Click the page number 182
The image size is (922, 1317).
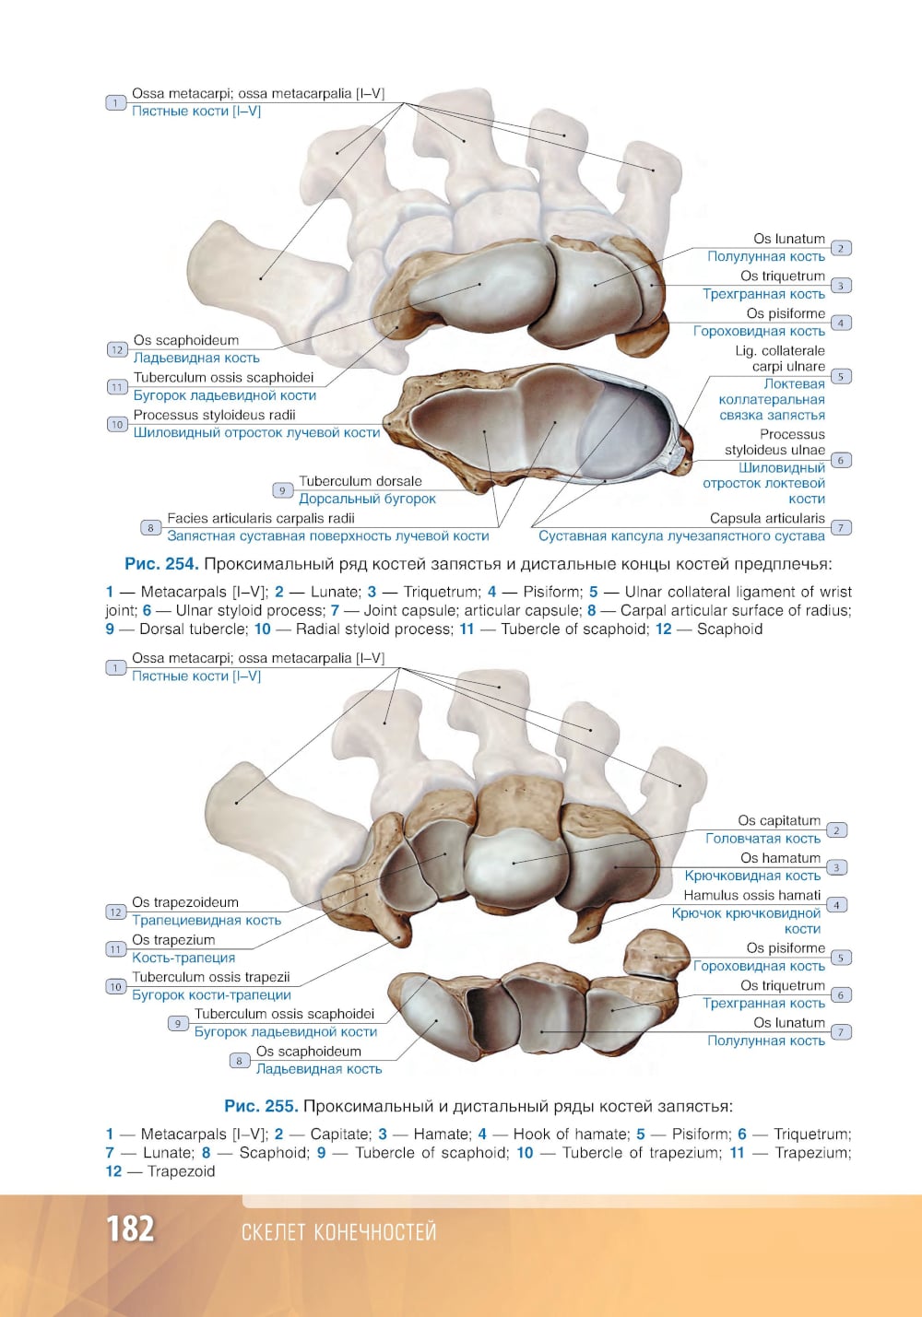(130, 1229)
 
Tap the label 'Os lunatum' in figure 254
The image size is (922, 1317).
(789, 239)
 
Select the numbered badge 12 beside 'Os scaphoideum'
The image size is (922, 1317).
(117, 350)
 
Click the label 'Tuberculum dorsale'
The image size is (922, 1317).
(360, 481)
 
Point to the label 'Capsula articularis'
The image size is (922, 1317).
(767, 518)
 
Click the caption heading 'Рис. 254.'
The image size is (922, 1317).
(161, 564)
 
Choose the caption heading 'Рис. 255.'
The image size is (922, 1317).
(261, 1107)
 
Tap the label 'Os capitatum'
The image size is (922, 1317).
(779, 820)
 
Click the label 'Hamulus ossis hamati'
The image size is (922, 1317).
(752, 895)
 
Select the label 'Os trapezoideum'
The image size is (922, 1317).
(185, 902)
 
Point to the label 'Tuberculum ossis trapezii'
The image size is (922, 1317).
(210, 977)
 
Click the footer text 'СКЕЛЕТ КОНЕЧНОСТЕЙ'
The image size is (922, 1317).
(338, 1231)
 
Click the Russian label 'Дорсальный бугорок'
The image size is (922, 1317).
(367, 499)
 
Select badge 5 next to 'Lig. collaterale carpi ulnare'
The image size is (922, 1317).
(841, 376)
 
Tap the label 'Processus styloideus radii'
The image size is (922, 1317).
(214, 415)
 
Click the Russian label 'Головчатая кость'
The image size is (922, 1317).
(763, 839)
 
